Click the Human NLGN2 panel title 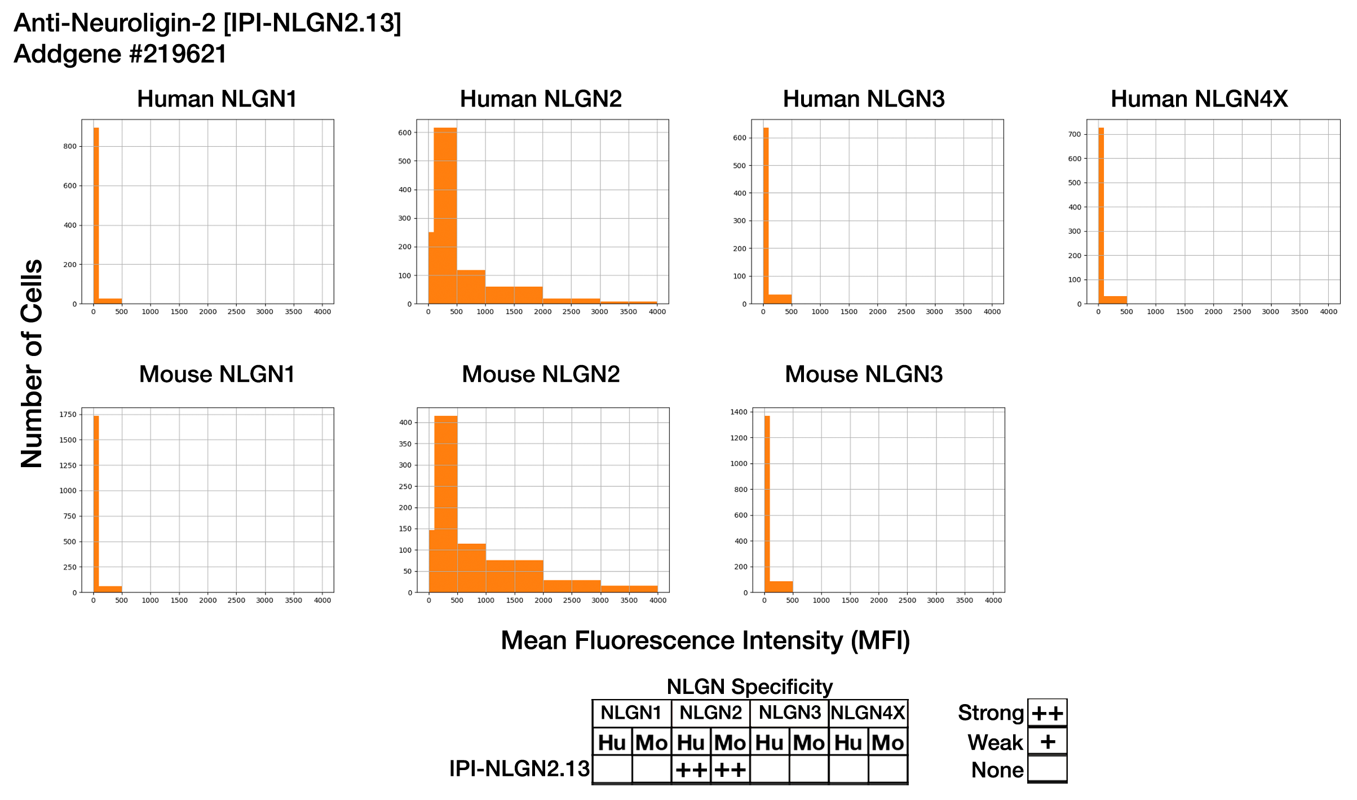(541, 99)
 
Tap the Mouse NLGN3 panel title (864, 374)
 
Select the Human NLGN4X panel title (1199, 99)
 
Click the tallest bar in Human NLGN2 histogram (445, 214)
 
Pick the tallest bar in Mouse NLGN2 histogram (446, 502)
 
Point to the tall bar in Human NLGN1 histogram (96, 214)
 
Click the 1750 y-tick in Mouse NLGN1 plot (68, 415)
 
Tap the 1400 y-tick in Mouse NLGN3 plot (739, 412)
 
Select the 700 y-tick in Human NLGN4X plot (1075, 134)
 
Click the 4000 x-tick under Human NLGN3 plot (992, 312)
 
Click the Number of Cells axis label (32, 364)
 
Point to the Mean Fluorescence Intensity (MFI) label (705, 641)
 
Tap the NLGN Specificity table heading (749, 687)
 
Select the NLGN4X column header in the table (868, 713)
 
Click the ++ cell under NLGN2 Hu (691, 770)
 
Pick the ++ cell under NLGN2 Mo (730, 770)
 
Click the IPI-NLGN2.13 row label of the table (519, 769)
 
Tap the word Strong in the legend (991, 713)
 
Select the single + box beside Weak (1047, 741)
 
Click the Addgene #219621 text (120, 54)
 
